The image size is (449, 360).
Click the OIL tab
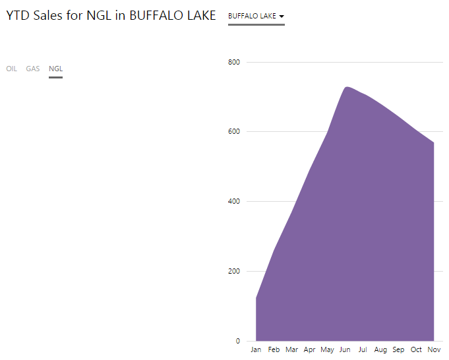tap(11, 69)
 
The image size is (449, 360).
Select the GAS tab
tap(33, 69)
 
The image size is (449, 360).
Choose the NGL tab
tap(55, 69)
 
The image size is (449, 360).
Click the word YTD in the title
tap(18, 16)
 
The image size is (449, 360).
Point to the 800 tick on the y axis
tap(234, 62)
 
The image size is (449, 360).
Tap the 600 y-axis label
tap(234, 131)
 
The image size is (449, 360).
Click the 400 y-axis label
tap(234, 201)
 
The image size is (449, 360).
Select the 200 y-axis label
tap(234, 271)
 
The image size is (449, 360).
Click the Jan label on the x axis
tap(256, 349)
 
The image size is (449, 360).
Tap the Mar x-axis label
tap(291, 349)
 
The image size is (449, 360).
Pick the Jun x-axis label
tap(345, 349)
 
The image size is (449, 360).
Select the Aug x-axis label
tap(380, 349)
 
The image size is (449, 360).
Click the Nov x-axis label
tap(434, 349)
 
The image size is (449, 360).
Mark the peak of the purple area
tap(346, 87)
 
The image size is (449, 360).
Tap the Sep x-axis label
tap(398, 349)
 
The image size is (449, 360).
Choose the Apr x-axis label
tap(309, 349)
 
